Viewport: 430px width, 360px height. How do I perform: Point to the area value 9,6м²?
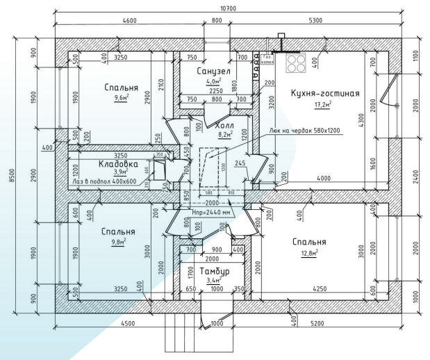pos(122,99)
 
